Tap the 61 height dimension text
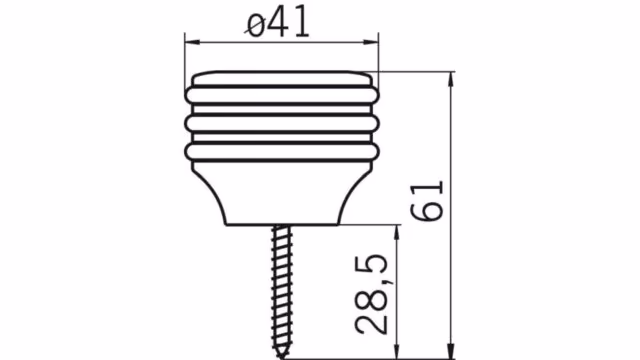427,201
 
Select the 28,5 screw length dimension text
371,294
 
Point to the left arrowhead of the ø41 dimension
192,42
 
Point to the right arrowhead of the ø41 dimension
371,42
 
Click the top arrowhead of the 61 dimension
451,79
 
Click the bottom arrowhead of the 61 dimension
451,351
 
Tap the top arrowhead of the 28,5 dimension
396,232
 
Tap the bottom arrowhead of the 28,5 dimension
396,351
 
